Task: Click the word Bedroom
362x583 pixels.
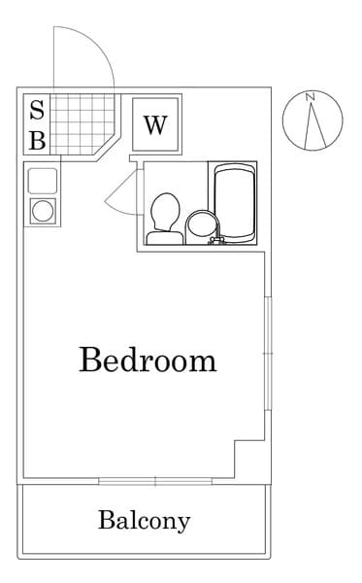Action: point(148,360)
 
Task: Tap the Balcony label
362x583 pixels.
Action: point(144,521)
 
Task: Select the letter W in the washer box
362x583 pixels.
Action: point(155,125)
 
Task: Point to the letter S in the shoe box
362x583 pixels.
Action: point(37,110)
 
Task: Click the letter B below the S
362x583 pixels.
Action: point(38,140)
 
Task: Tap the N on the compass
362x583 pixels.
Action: point(311,97)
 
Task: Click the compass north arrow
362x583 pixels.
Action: point(314,124)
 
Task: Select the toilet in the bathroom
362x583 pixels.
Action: point(165,219)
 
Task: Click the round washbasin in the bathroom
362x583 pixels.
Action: point(201,227)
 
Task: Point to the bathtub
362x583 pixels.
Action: point(235,203)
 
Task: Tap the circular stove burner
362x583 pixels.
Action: point(43,211)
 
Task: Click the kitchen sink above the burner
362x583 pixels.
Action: point(43,181)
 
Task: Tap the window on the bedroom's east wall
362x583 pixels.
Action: point(268,354)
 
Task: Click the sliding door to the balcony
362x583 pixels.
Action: point(155,482)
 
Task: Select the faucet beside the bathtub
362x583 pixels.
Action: point(216,240)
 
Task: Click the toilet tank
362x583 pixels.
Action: point(165,238)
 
